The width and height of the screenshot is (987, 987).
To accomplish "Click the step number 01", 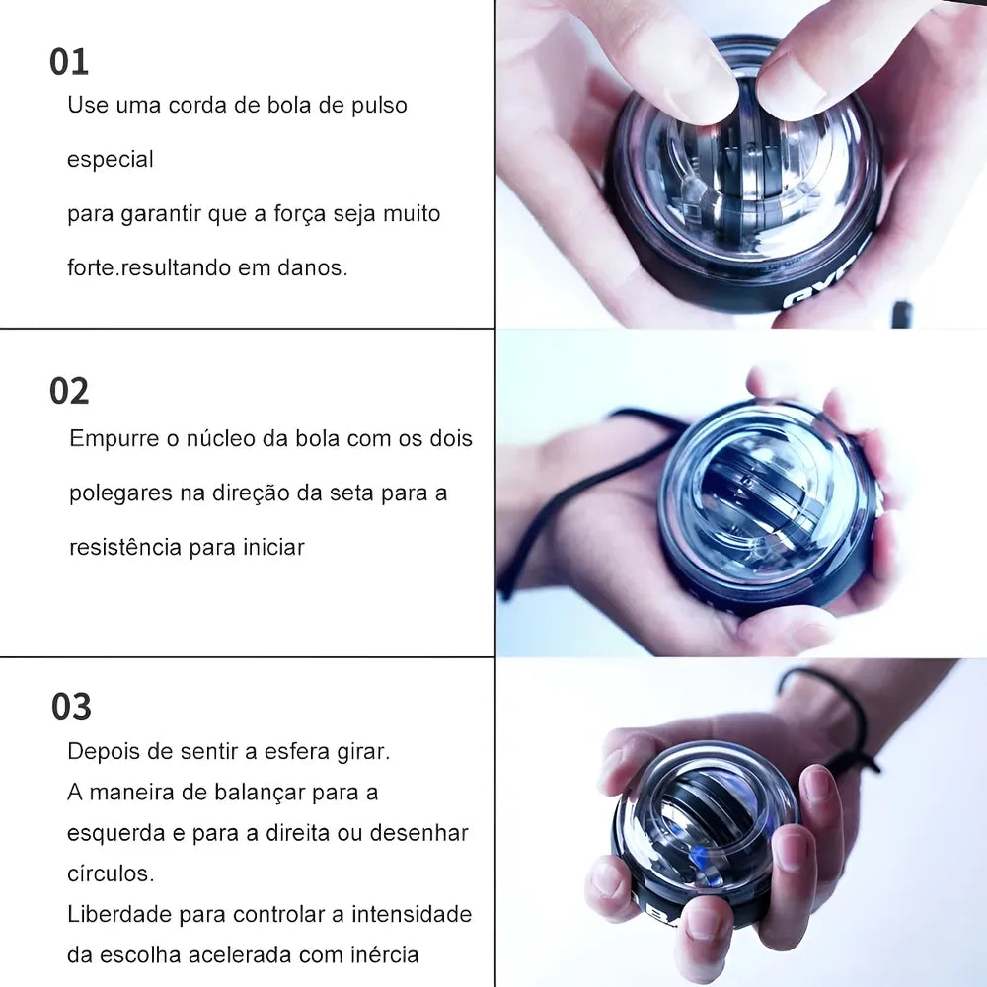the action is (x=69, y=62).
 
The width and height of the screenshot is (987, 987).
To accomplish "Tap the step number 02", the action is (x=69, y=391).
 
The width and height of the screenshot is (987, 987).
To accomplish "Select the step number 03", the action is (x=71, y=707).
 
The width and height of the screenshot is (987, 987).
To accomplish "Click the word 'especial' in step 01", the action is (x=111, y=160).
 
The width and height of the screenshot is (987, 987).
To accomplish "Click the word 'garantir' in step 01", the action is (x=161, y=214).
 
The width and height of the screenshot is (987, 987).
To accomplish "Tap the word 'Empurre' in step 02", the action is (x=114, y=439).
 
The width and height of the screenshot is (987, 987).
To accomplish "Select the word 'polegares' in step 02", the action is (x=120, y=493).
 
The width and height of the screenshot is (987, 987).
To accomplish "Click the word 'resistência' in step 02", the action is (x=126, y=547).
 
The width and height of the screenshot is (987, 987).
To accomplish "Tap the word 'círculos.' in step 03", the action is (x=111, y=873).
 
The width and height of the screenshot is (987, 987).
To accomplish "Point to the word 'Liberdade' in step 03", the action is (x=119, y=914).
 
